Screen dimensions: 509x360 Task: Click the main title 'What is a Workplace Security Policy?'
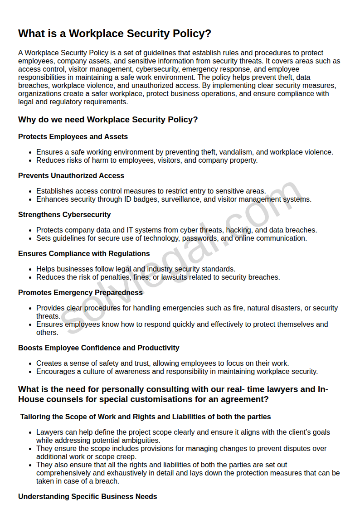click(115, 34)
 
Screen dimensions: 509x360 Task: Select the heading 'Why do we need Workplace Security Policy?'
click(108, 120)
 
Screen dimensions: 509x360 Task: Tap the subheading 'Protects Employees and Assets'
click(73, 137)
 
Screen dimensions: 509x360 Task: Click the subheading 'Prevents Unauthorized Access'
click(71, 176)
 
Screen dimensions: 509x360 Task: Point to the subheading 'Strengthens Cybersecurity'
click(64, 215)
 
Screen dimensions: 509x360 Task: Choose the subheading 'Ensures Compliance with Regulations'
click(84, 254)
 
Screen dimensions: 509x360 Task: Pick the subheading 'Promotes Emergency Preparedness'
click(80, 293)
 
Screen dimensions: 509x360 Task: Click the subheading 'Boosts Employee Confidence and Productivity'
click(98, 348)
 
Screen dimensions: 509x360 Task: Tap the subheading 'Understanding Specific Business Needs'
click(88, 497)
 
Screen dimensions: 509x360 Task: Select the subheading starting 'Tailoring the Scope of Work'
click(145, 417)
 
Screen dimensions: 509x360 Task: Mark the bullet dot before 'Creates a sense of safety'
click(30, 364)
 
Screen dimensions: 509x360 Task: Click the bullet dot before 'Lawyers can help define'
click(30, 432)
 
